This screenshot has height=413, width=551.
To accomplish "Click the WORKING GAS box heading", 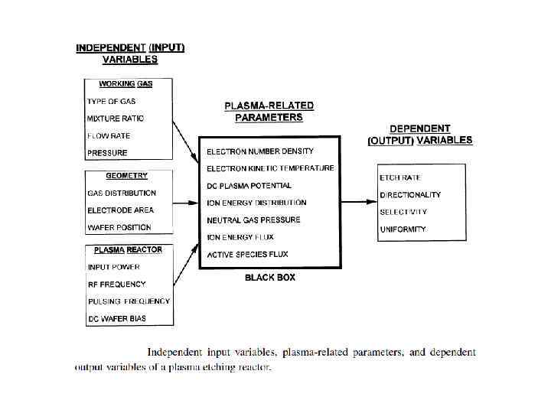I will pyautogui.click(x=128, y=84).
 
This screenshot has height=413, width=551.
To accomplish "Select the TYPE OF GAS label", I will pyautogui.click(x=112, y=102).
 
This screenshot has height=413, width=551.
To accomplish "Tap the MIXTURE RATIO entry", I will pyautogui.click(x=116, y=119).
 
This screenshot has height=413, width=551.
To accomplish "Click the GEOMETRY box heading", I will pyautogui.click(x=127, y=176).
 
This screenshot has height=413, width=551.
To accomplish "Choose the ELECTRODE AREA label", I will pyautogui.click(x=120, y=210).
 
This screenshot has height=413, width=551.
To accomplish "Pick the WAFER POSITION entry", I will pyautogui.click(x=119, y=227).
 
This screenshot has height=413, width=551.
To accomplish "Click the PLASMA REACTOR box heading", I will pyautogui.click(x=128, y=249).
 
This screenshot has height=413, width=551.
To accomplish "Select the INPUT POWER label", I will pyautogui.click(x=114, y=267).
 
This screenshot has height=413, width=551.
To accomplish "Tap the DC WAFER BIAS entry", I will pyautogui.click(x=117, y=318).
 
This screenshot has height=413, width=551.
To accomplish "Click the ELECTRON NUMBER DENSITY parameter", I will pyautogui.click(x=260, y=151).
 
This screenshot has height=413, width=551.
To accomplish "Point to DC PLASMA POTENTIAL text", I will pyautogui.click(x=249, y=186).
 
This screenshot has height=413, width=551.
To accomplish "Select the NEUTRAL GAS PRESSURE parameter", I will pyautogui.click(x=253, y=220).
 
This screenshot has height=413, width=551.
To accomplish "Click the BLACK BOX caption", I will pyautogui.click(x=270, y=278).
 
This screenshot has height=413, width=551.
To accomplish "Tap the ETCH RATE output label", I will pyautogui.click(x=400, y=178).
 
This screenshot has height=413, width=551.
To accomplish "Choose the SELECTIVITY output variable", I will pyautogui.click(x=403, y=213).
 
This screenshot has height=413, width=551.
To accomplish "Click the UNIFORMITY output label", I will pyautogui.click(x=403, y=229).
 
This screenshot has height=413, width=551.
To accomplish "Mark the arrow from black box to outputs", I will pyautogui.click(x=358, y=203).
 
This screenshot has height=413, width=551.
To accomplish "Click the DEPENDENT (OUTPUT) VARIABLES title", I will pyautogui.click(x=420, y=135).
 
